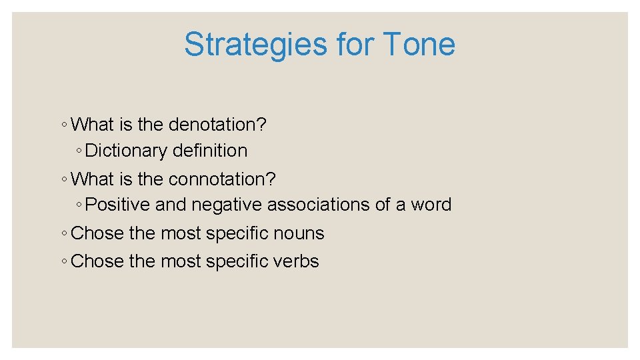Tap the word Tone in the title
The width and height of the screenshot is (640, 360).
click(x=419, y=45)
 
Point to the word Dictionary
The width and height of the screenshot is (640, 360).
click(x=127, y=151)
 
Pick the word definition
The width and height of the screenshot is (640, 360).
click(x=209, y=151)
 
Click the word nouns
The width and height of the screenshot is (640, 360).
click(x=301, y=233)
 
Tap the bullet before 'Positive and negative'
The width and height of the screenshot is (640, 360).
click(x=79, y=205)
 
